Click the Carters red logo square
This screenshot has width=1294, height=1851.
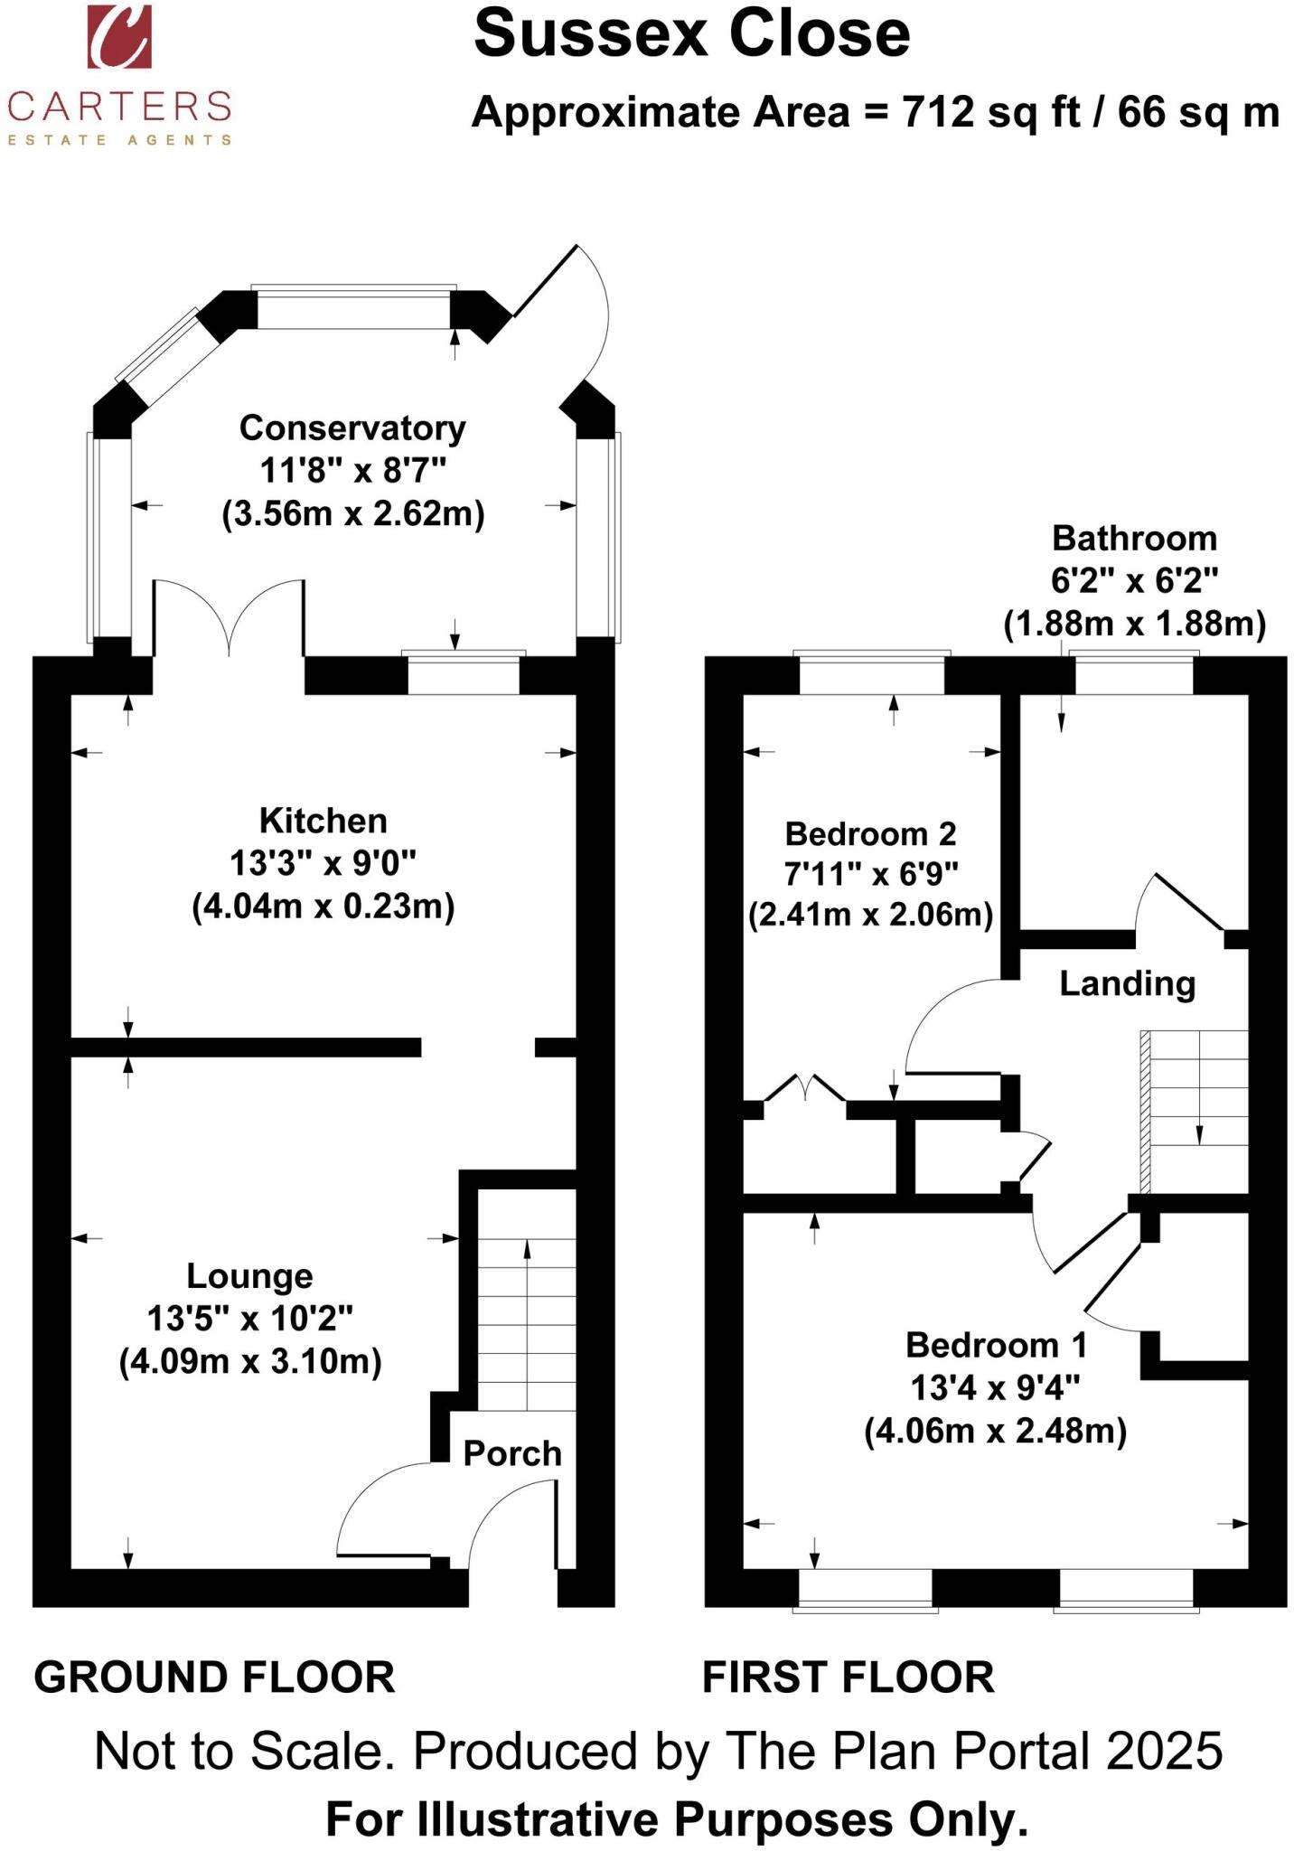[119, 36]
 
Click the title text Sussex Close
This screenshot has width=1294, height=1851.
[691, 34]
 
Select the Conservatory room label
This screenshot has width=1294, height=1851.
[352, 428]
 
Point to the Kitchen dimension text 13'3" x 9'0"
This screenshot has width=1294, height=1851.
[323, 863]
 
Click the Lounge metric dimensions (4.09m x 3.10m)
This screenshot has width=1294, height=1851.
[250, 1360]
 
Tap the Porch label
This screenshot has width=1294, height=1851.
[511, 1453]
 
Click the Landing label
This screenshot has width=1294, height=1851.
[1127, 983]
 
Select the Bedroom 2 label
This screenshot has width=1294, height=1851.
[870, 833]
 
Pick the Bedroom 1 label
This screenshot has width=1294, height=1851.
[996, 1345]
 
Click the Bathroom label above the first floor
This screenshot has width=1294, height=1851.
[1134, 539]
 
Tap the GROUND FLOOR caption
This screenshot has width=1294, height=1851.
[214, 1677]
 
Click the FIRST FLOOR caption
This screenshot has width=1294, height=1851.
[848, 1677]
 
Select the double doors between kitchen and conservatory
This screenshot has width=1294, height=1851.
[230, 615]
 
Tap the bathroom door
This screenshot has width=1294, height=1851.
[1184, 904]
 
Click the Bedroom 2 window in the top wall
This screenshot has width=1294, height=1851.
[872, 674]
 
